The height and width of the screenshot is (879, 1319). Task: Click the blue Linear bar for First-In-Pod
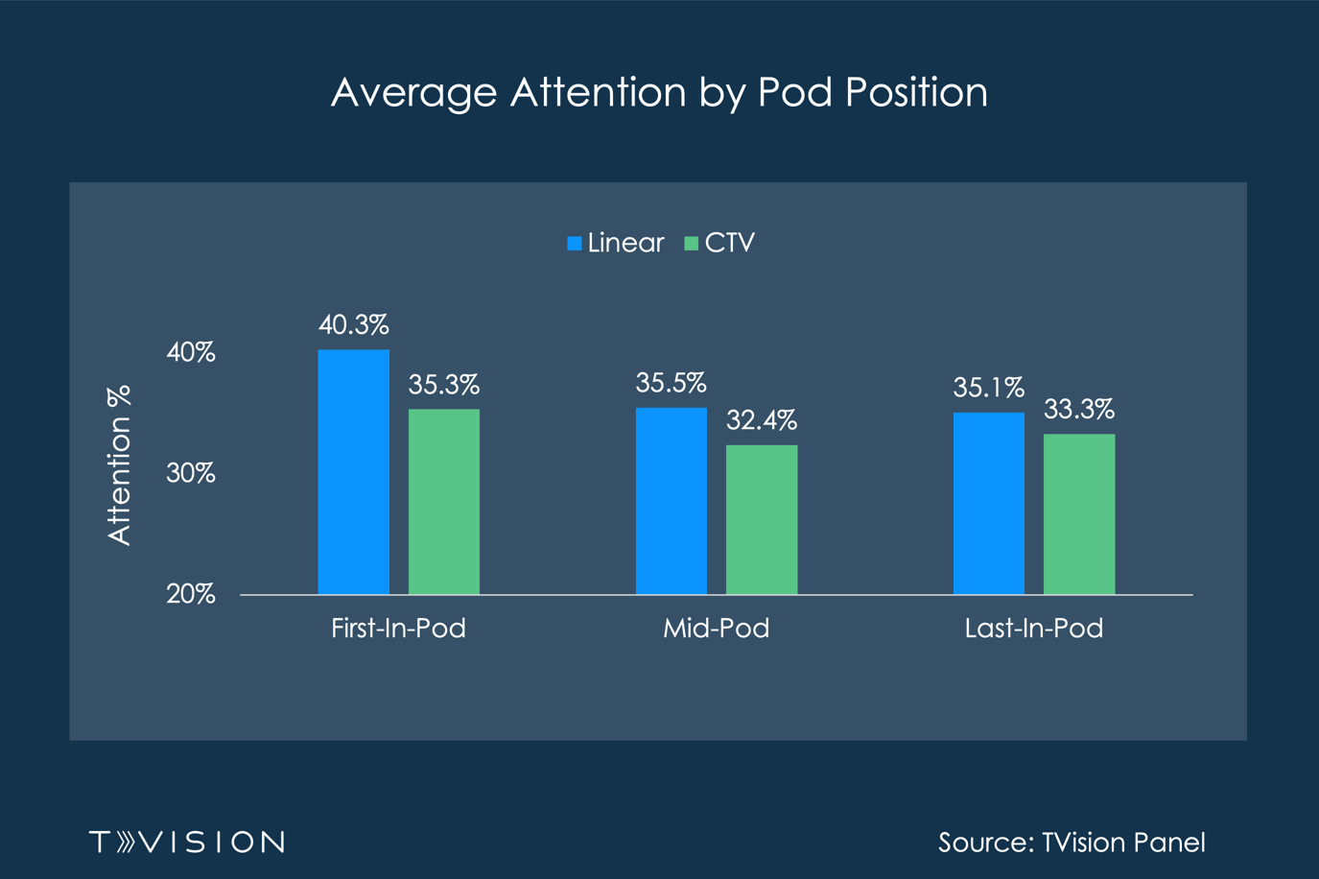click(x=353, y=472)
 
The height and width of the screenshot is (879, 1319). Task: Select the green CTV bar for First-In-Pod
click(x=444, y=502)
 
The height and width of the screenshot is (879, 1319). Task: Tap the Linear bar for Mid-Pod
click(x=671, y=501)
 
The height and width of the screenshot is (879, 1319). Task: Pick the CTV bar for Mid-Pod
click(x=762, y=519)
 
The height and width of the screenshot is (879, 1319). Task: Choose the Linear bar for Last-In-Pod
click(x=988, y=503)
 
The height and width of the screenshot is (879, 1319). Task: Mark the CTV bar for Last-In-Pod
click(x=1079, y=514)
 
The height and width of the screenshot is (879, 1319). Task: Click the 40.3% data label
click(x=353, y=325)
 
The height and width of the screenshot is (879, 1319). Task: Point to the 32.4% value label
click(x=762, y=420)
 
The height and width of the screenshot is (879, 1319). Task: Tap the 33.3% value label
click(x=1079, y=410)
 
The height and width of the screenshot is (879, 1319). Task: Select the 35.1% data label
click(x=988, y=388)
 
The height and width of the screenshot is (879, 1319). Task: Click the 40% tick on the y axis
click(x=190, y=352)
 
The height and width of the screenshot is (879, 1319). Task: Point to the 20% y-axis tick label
click(x=190, y=594)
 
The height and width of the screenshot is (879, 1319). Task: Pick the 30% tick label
click(x=190, y=473)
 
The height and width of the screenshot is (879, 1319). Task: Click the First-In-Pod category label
click(x=398, y=629)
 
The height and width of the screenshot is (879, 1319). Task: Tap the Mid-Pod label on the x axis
click(x=716, y=629)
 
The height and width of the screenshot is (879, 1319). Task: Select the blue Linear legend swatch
click(x=575, y=244)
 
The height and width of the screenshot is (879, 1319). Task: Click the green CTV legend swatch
click(x=691, y=244)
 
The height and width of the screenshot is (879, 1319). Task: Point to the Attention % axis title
click(x=119, y=465)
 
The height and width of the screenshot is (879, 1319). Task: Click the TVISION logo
click(x=187, y=842)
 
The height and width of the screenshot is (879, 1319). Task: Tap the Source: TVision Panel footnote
click(x=1071, y=842)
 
